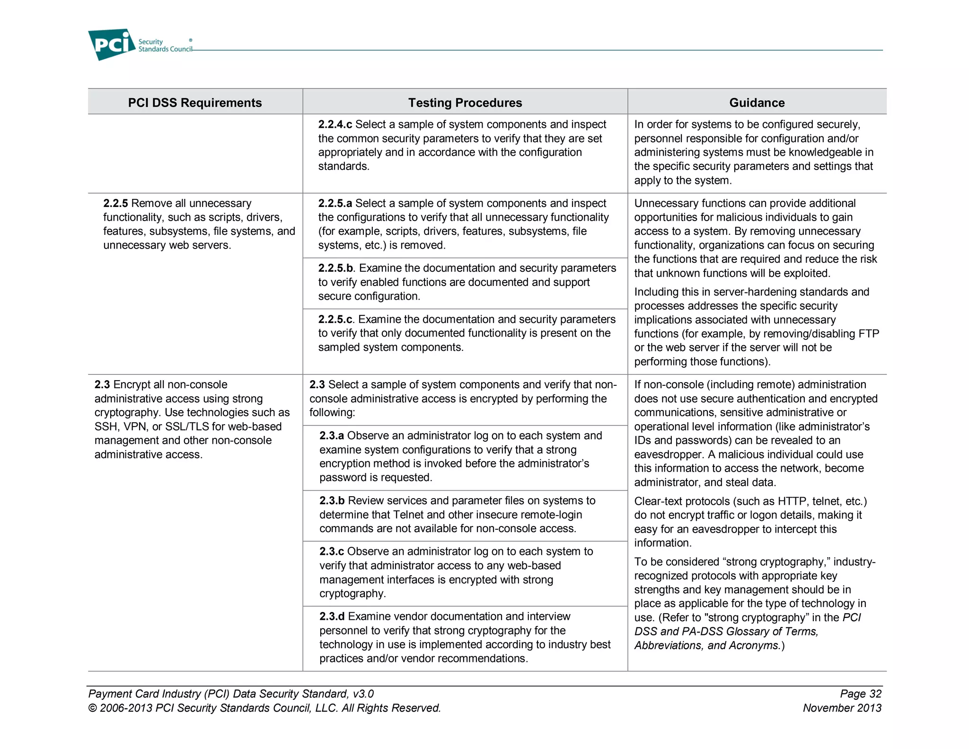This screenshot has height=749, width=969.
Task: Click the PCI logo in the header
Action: coord(112,45)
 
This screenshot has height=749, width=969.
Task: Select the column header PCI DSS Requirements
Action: coord(194,103)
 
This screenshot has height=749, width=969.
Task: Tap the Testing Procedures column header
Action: coord(465,103)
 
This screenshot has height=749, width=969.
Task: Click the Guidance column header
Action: coord(757,103)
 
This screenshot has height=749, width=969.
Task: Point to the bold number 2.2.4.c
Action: coord(335,125)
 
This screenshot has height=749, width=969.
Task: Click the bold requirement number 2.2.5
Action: coord(115,204)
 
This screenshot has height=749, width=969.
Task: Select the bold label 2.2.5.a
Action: coord(335,204)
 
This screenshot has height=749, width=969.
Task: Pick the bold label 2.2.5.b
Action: coord(335,268)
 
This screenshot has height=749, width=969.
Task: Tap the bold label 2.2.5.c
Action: coord(335,320)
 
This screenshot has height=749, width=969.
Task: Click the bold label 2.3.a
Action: coord(332,436)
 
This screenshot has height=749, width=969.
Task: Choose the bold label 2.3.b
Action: coord(332,501)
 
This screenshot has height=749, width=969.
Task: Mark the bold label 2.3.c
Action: coord(332,552)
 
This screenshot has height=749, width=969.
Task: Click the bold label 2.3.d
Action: coord(332,616)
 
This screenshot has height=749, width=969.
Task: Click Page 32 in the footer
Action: coord(861,694)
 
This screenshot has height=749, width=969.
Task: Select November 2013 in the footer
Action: coord(842,708)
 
